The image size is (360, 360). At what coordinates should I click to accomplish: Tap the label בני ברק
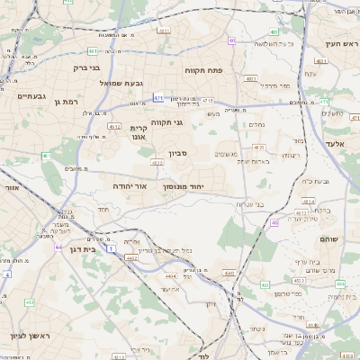point(85,67)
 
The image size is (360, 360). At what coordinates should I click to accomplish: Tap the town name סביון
point(177,154)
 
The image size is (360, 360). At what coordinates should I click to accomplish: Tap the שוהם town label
point(327,239)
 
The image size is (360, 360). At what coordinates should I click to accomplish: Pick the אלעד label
point(335,143)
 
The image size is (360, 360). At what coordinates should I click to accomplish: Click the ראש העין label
point(343,42)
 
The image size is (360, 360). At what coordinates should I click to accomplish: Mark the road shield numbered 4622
point(157,163)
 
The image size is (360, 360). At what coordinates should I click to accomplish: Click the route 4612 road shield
point(114,127)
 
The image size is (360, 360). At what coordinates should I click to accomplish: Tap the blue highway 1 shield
point(110,247)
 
